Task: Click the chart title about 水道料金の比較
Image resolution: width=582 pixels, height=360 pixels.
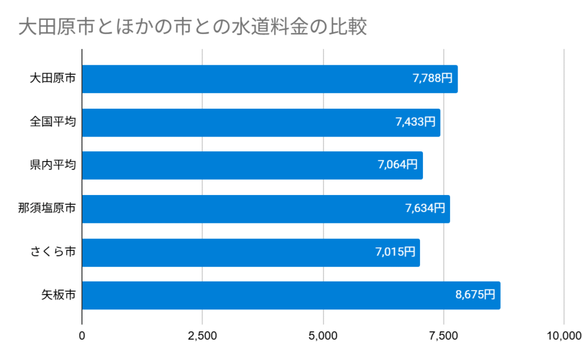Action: tap(193, 27)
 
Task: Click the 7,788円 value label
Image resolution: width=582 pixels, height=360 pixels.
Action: tap(433, 78)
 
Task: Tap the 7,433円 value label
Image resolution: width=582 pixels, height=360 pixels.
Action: tap(415, 122)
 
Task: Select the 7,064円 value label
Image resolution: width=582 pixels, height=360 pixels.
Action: tap(398, 165)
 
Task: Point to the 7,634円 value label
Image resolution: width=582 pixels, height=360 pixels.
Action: tap(425, 208)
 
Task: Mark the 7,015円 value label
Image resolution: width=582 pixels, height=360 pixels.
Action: tap(395, 251)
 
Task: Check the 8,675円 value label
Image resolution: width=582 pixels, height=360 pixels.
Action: tap(475, 295)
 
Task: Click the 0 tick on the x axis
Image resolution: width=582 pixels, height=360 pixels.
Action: tap(82, 336)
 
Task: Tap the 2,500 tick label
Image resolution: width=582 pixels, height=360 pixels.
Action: tap(203, 336)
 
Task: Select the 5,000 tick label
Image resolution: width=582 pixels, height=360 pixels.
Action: tap(323, 336)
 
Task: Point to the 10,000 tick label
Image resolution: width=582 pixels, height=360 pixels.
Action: tap(563, 336)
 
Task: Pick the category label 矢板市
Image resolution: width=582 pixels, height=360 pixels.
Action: tap(58, 295)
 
